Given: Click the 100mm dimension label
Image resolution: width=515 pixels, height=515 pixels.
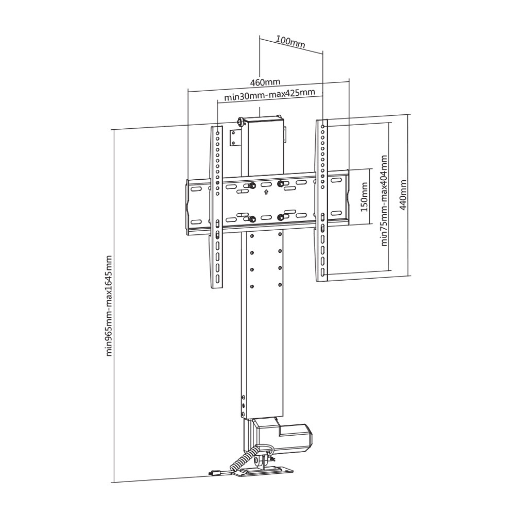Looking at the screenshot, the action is coord(290,42).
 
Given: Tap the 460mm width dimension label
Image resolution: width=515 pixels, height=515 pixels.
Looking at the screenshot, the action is coord(265,82).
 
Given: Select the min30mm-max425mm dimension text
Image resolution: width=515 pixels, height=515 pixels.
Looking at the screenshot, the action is coord(269,95).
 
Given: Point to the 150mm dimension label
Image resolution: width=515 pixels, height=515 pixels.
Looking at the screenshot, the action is coord(365,197).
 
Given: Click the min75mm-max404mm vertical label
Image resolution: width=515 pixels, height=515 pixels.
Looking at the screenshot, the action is coord(384,201).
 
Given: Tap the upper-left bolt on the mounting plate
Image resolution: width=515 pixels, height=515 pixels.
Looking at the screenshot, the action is coord(253,186).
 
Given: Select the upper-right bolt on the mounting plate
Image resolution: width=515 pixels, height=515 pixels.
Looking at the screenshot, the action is coord(281,184).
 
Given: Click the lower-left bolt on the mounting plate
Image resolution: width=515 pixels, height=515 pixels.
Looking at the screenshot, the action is coord(252,219).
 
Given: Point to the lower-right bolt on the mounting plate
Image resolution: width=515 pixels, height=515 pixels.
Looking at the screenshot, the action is coord(281,217).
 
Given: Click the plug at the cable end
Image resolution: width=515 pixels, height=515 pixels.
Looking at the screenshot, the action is coord(214,473).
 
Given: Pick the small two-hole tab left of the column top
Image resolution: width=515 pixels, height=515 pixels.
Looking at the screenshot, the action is coord(236,138).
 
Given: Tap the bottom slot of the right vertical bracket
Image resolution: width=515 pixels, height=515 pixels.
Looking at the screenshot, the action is coord(322,271).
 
